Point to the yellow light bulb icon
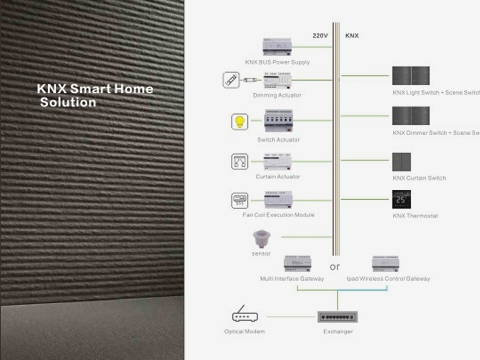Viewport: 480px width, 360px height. [240, 123]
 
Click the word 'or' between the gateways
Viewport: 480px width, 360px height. [334, 267]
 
